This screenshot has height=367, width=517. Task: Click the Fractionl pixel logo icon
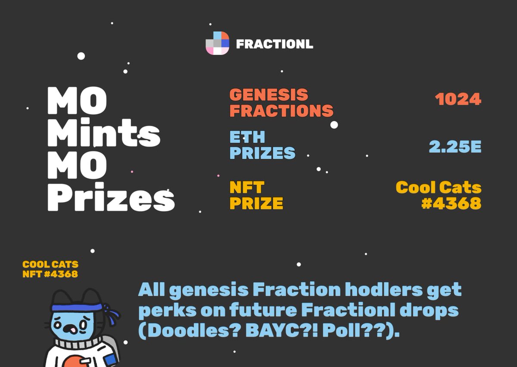click(217, 43)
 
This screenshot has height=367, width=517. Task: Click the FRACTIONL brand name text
click(274, 44)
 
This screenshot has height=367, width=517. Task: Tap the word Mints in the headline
click(103, 134)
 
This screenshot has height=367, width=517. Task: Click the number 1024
click(458, 100)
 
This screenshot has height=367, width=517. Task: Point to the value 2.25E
click(455, 147)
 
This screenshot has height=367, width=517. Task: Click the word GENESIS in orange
click(268, 95)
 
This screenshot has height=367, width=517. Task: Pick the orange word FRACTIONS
click(281, 111)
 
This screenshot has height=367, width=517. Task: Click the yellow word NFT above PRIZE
click(246, 187)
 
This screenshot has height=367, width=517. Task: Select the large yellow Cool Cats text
click(438, 187)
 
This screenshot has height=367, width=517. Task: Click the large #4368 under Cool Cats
click(451, 203)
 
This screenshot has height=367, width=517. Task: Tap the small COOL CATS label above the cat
click(50, 264)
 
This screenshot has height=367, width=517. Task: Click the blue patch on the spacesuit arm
click(111, 359)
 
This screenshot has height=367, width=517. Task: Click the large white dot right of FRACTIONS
click(334, 125)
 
